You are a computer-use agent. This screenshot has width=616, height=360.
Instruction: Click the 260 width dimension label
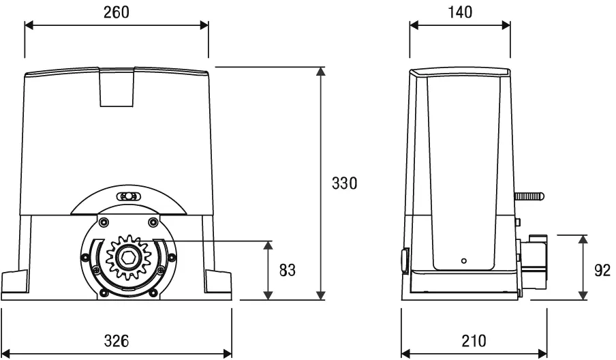pyautogui.click(x=116, y=12)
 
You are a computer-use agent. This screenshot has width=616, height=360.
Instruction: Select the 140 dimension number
pyautogui.click(x=459, y=12)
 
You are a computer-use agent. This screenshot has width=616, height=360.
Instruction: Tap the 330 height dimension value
pyautogui.click(x=345, y=183)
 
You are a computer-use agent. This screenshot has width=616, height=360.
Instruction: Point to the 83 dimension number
pyautogui.click(x=288, y=270)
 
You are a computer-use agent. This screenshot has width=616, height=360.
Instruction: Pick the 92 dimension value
pyautogui.click(x=602, y=270)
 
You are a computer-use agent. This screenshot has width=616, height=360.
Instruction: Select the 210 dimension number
pyautogui.click(x=474, y=340)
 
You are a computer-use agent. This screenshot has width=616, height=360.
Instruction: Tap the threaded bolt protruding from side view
pyautogui.click(x=529, y=196)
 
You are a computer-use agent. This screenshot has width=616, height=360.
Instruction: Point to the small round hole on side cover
pyautogui.click(x=463, y=260)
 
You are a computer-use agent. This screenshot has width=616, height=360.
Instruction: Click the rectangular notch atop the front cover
pyautogui.click(x=117, y=88)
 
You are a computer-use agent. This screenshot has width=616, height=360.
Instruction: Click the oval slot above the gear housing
pyautogui.click(x=127, y=197)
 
